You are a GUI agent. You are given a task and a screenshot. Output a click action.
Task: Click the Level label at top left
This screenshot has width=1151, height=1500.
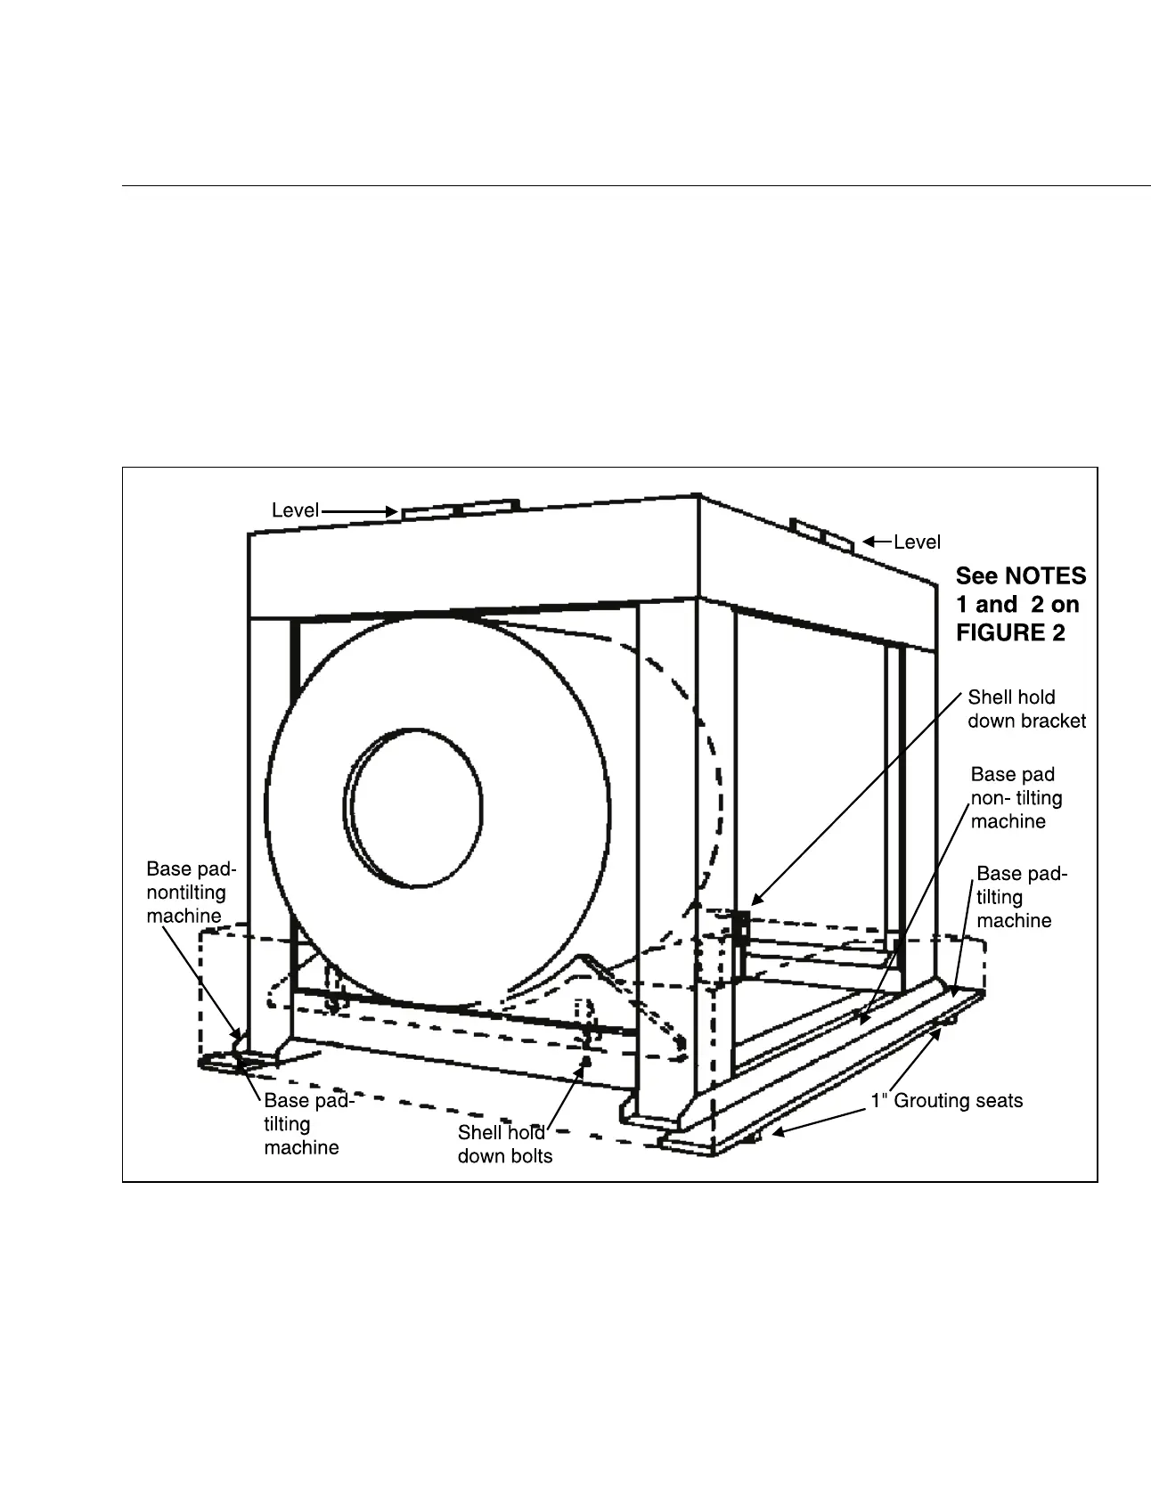[x=295, y=510]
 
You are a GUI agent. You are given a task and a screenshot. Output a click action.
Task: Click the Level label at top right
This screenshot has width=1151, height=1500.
[x=917, y=542]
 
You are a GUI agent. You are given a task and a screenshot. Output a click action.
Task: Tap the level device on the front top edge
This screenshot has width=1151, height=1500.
[x=460, y=510]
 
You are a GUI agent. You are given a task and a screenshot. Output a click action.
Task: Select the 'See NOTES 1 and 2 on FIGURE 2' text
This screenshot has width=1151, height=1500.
[x=1020, y=604]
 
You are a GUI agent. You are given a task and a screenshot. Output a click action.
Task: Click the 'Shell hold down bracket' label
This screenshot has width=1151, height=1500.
[x=1026, y=709]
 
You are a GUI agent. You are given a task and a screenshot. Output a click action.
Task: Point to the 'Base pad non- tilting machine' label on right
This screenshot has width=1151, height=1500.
[x=1016, y=798]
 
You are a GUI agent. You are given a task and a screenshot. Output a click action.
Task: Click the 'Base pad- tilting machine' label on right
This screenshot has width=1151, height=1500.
[x=1021, y=897]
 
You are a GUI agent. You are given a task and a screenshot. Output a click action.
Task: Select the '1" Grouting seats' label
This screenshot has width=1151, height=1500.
[x=946, y=1101]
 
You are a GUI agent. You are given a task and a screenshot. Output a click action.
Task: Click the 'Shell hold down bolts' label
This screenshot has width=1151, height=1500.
[x=504, y=1145]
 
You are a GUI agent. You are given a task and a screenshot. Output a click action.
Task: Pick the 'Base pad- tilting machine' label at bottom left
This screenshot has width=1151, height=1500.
[x=308, y=1124]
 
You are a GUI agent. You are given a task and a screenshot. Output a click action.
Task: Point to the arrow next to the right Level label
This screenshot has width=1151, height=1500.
[x=877, y=541]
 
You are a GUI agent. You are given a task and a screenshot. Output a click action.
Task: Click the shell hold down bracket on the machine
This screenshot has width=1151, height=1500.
[x=740, y=926]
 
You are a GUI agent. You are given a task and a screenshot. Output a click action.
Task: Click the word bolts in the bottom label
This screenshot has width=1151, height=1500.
[x=529, y=1156]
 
